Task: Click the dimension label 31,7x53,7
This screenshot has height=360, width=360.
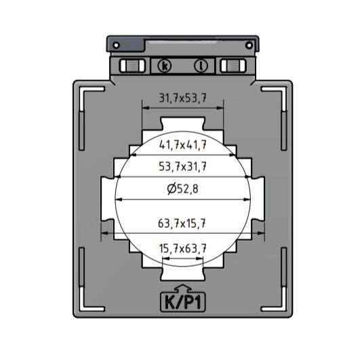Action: tap(182, 98)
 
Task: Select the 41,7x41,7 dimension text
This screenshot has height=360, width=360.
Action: tap(182, 144)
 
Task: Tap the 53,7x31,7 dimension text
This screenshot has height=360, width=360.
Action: tap(182, 167)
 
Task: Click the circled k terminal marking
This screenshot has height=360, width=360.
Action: tap(165, 66)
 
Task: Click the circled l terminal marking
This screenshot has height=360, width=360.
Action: tap(201, 66)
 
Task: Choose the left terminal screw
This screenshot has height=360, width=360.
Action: tap(133, 66)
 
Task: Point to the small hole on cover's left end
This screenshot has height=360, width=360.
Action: tap(117, 45)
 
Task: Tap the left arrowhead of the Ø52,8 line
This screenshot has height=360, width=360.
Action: tap(120, 199)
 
